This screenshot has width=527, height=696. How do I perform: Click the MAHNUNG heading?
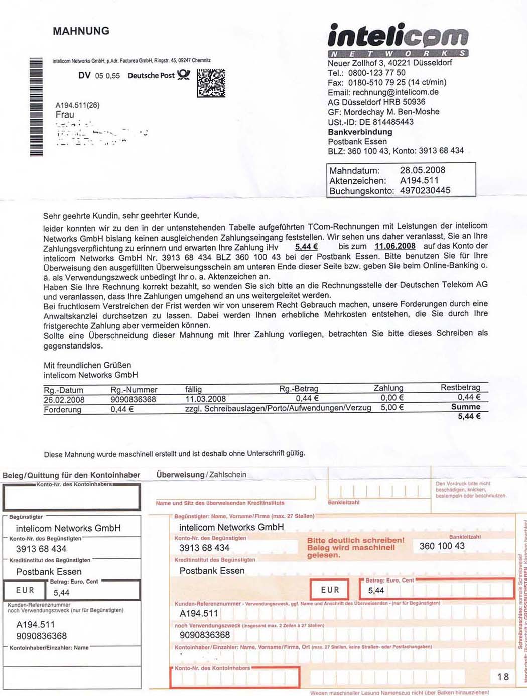click(x=81, y=31)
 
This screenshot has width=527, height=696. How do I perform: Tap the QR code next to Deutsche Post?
click(x=211, y=83)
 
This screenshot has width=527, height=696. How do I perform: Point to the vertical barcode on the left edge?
click(x=36, y=107)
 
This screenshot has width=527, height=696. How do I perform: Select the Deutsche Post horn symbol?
click(x=184, y=75)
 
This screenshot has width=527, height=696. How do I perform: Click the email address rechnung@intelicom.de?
click(x=396, y=92)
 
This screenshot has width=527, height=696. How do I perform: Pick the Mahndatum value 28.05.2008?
click(x=422, y=170)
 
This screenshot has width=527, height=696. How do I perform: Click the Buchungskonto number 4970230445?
click(x=425, y=190)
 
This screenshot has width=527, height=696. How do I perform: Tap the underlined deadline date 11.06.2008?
click(x=395, y=246)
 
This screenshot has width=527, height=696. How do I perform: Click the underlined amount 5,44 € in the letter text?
click(x=306, y=247)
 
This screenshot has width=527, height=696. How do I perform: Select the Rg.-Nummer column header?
click(x=134, y=390)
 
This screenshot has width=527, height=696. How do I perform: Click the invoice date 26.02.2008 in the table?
click(x=64, y=400)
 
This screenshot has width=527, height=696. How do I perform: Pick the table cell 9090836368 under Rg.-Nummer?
click(x=134, y=400)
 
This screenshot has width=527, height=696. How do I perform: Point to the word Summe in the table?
click(x=465, y=407)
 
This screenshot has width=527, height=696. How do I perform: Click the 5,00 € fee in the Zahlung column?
click(x=392, y=407)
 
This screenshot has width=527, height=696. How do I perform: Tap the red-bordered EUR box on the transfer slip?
click(x=330, y=590)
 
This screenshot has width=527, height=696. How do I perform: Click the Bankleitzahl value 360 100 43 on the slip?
click(x=442, y=546)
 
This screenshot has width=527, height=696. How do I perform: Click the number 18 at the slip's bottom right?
click(x=503, y=677)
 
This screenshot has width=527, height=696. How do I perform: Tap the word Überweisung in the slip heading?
click(x=180, y=475)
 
